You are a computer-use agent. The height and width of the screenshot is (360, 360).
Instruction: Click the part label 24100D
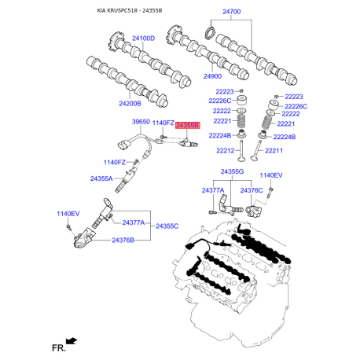(142, 39)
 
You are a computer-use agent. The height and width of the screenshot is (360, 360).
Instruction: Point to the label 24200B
(130, 104)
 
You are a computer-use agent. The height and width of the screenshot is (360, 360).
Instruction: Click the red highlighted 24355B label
(188, 125)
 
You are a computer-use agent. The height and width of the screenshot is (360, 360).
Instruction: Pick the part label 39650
(140, 123)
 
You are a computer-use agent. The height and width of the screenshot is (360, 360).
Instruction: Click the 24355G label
(232, 171)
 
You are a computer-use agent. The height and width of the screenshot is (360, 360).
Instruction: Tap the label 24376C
(252, 190)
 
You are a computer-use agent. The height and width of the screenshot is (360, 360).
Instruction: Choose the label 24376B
(123, 240)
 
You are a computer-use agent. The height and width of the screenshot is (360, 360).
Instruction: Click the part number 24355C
(166, 226)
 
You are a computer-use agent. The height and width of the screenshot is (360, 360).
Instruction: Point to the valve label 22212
(226, 150)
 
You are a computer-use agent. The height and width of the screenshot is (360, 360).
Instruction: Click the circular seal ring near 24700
(209, 33)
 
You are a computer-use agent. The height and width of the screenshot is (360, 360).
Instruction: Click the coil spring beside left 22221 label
(244, 122)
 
